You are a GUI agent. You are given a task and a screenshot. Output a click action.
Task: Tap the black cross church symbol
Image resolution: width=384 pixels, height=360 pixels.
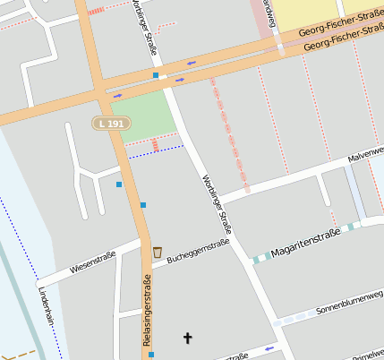click(188, 338)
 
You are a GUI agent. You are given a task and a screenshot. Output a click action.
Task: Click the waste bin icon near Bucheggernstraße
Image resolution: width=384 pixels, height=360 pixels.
click(158, 252)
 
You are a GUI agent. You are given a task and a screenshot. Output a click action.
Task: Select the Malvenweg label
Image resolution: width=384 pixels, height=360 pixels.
click(365, 155)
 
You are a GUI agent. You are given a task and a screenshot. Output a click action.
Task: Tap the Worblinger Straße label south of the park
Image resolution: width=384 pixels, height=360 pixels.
click(217, 204)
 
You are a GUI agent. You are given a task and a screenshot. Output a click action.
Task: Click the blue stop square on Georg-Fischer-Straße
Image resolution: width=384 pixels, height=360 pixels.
click(156, 76)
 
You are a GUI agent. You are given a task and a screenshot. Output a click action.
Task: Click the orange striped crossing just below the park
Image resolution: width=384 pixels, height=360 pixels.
click(155, 144)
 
